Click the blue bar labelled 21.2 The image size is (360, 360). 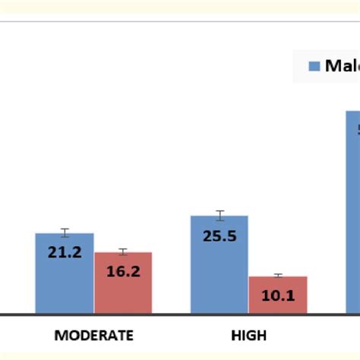tap(65, 273)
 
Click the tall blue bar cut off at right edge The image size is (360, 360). tap(353, 213)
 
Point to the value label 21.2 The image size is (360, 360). tap(65, 252)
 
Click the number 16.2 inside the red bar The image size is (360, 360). tap(123, 270)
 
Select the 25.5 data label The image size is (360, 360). tap(219, 235)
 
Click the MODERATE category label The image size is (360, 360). tap(93, 335)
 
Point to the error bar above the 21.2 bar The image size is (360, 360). tap(65, 232)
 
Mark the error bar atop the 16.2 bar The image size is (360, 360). tap(123, 251)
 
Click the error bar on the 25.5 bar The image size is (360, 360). tap(219, 216)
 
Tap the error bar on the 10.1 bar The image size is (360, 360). tap(278, 276)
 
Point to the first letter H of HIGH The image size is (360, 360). tap(234, 335)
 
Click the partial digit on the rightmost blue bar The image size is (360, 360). tap(357, 129)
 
